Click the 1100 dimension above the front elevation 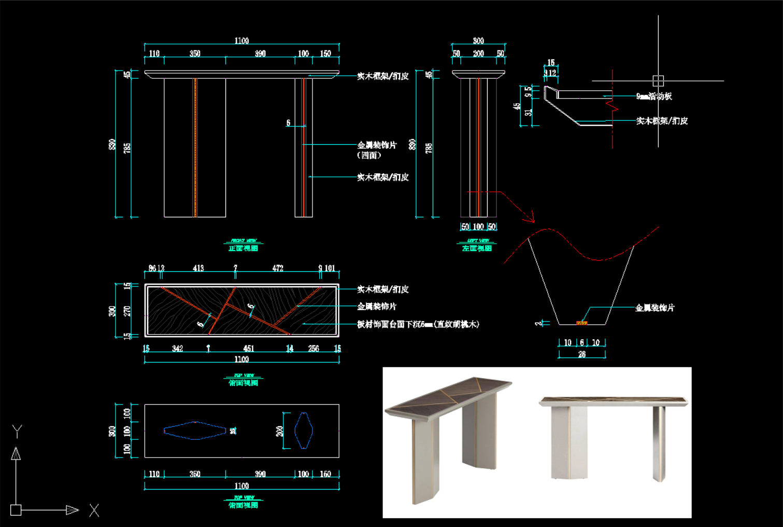click(x=241, y=40)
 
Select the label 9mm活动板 click(x=654, y=96)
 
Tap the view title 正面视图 click(x=243, y=248)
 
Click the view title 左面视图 click(x=477, y=248)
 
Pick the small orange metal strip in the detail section click(x=581, y=323)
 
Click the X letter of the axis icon click(x=94, y=510)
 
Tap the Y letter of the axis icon click(x=17, y=431)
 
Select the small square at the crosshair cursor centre click(x=658, y=80)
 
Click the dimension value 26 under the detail click(x=581, y=354)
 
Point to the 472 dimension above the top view click(x=278, y=268)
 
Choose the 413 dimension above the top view click(x=198, y=268)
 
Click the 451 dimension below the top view click(x=249, y=349)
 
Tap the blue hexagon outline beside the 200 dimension click(x=304, y=431)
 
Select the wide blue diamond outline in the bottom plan click(x=195, y=431)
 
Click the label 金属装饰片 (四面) click(x=377, y=149)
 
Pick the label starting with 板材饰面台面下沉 click(x=418, y=324)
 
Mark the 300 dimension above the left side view click(x=478, y=40)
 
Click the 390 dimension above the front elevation click(x=260, y=53)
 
